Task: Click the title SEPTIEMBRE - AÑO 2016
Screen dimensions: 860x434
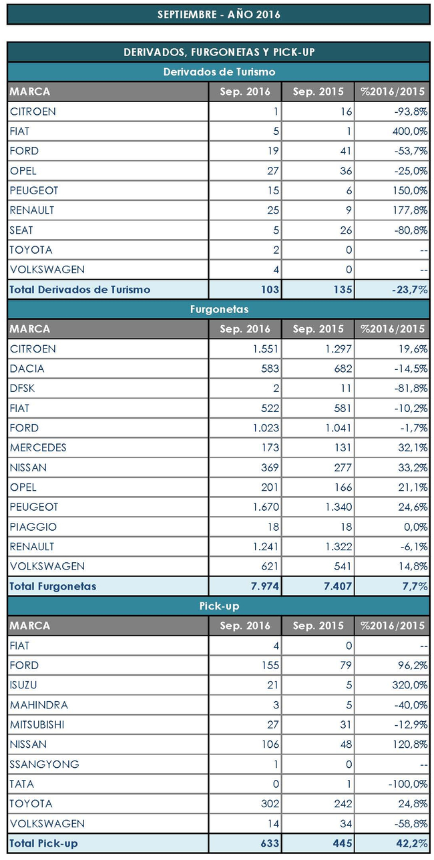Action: tap(218, 14)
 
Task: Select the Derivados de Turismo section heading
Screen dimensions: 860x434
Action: tap(219, 71)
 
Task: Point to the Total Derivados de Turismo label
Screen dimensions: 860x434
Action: tap(80, 289)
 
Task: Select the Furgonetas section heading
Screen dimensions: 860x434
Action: tap(219, 309)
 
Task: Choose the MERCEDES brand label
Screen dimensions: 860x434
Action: tap(38, 447)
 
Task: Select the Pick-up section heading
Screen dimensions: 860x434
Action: tap(219, 606)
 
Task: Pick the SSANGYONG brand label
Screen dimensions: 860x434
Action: tap(44, 764)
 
